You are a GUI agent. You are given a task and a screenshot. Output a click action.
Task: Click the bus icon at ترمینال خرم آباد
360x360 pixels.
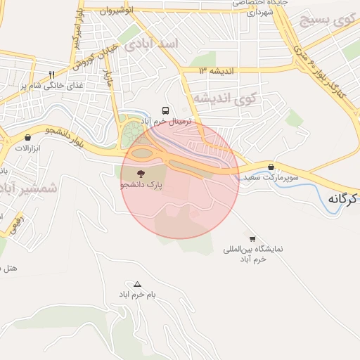click(165, 110)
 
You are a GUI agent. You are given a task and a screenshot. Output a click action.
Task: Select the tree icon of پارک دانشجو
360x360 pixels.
click(139, 172)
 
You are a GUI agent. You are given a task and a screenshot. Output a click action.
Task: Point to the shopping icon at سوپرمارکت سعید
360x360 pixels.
click(271, 167)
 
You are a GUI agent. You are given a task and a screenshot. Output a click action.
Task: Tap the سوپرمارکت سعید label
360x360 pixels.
click(271, 178)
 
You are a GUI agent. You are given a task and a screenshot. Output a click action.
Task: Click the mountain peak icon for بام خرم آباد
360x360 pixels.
click(138, 285)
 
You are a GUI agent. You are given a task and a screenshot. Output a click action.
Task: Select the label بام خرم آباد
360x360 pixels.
click(138, 295)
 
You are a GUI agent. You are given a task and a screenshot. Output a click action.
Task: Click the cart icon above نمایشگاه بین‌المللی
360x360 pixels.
click(252, 239)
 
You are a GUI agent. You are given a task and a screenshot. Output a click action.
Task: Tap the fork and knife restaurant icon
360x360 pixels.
click(51, 74)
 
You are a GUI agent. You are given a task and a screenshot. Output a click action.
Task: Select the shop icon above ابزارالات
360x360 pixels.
click(27, 138)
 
